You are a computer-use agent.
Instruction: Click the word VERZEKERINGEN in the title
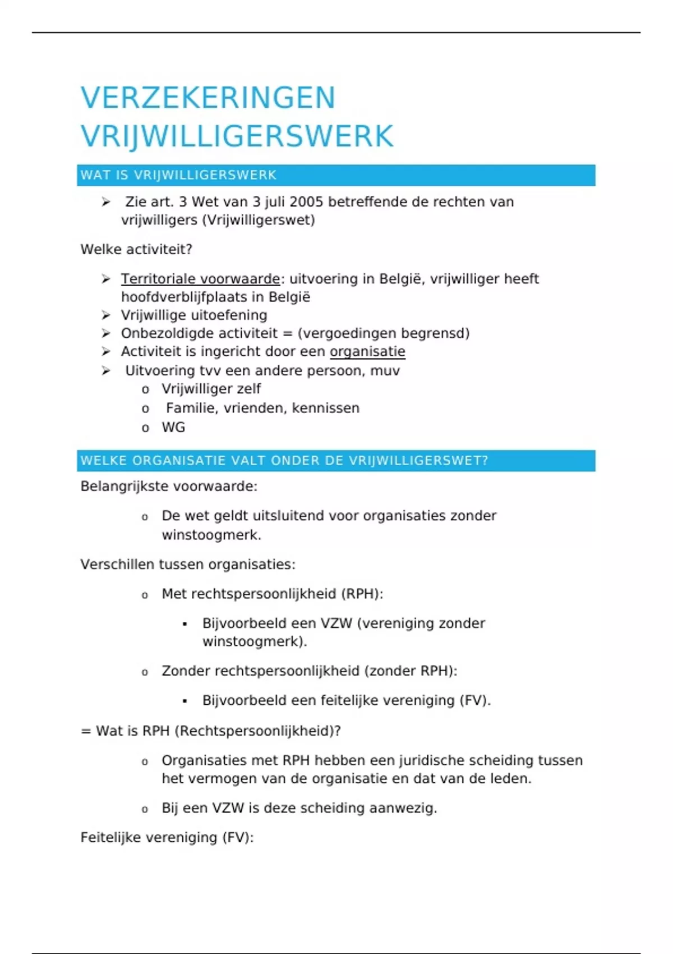coord(208,98)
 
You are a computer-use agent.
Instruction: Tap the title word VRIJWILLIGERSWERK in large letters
coord(237,136)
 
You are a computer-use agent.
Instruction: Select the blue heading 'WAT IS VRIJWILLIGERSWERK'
coord(178,175)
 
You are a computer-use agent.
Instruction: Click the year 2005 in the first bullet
coord(307,202)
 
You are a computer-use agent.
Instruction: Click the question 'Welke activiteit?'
coord(136,249)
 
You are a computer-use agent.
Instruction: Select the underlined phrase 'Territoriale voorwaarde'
coord(200,279)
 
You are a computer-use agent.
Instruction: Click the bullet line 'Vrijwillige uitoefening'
coord(194,315)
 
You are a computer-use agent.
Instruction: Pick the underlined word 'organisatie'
coord(367,351)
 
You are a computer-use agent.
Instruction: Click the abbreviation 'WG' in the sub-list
coord(173,427)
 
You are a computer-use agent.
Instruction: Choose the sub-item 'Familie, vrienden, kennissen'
coord(262,408)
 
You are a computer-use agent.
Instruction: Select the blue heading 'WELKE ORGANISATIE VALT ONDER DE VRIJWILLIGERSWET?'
coord(284,461)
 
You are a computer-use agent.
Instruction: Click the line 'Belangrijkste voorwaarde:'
coord(169,486)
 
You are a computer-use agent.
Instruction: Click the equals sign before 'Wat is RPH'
coord(86,731)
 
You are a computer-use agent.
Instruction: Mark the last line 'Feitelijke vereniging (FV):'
coord(167,837)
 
